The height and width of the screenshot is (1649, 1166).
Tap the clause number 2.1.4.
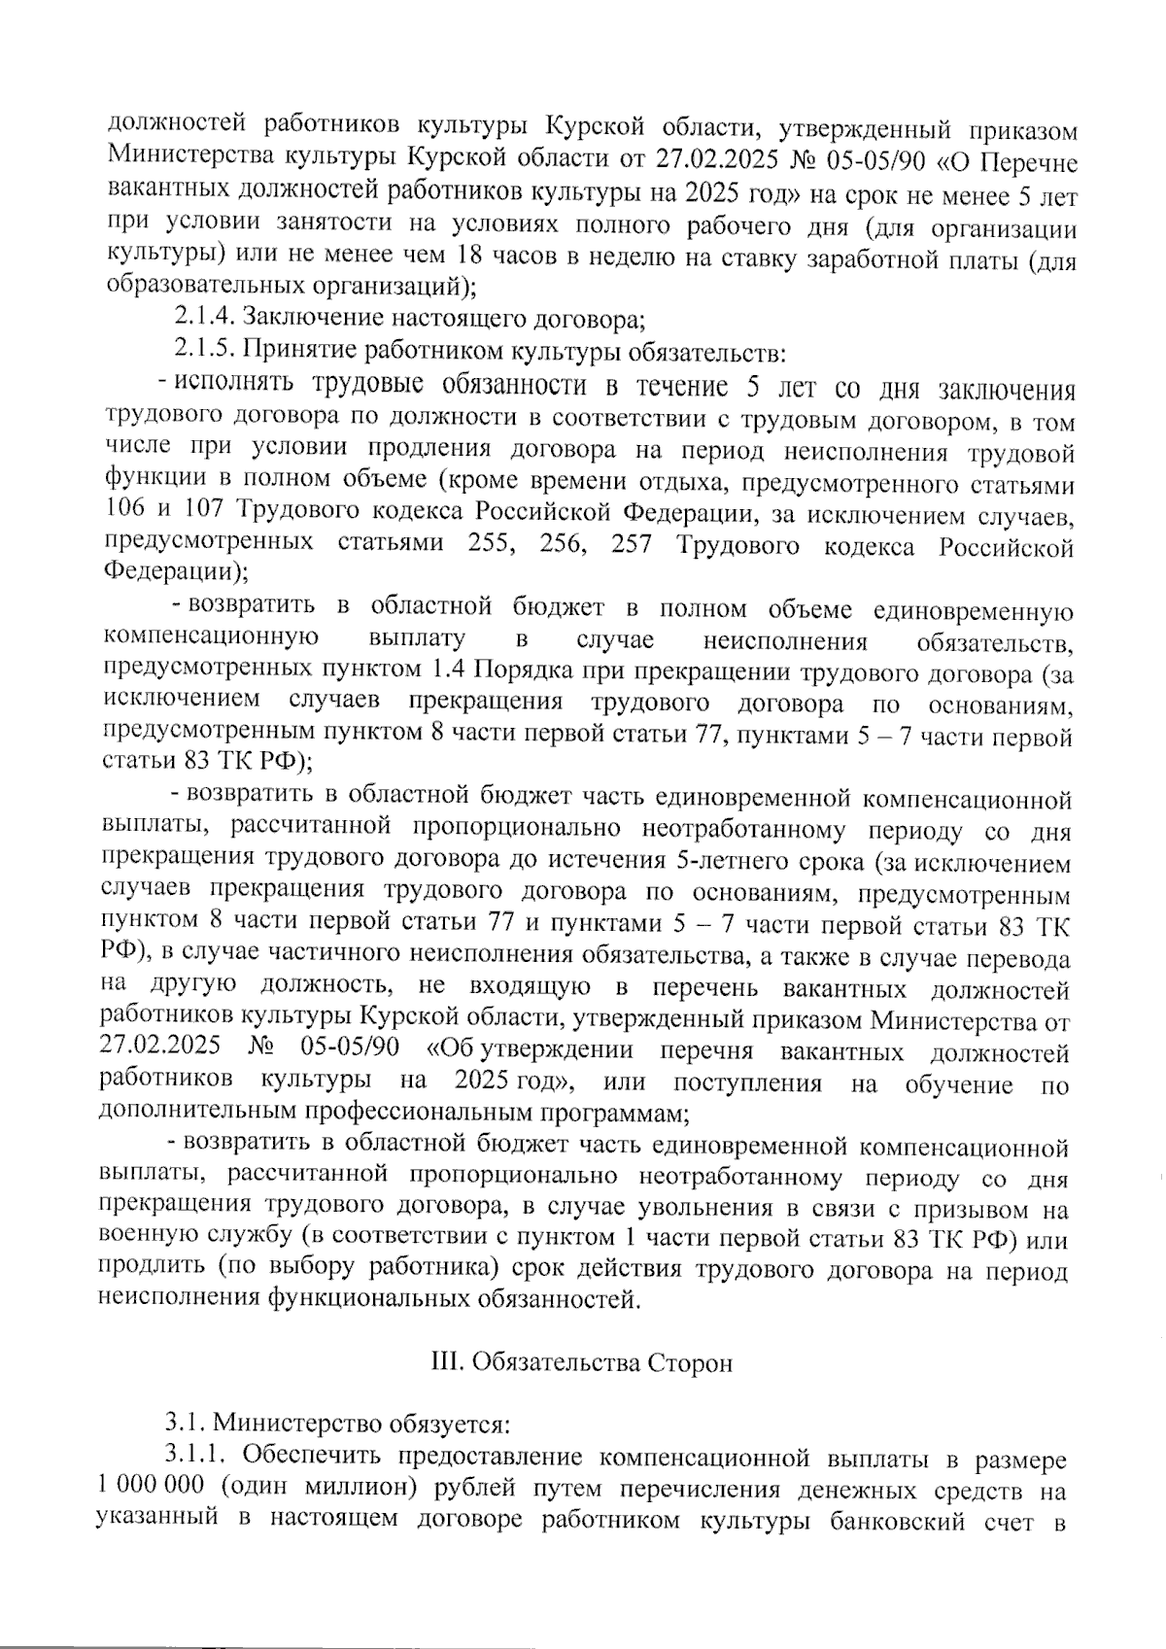pos(204,317)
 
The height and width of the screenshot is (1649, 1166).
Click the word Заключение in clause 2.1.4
pos(307,317)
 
